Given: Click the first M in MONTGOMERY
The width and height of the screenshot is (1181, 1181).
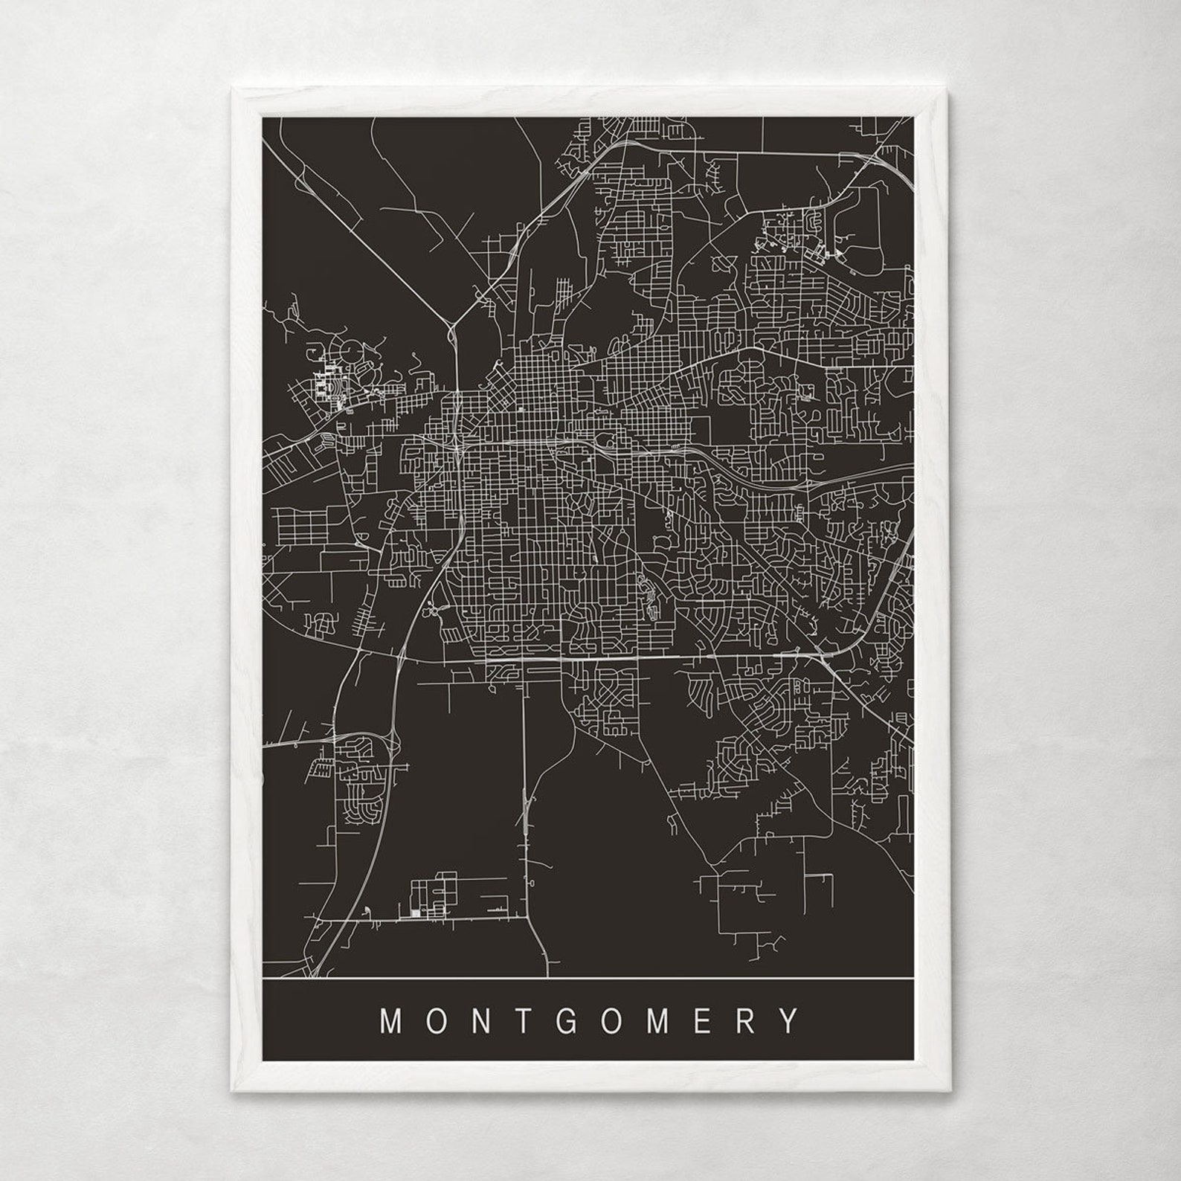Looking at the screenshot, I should click(392, 1020).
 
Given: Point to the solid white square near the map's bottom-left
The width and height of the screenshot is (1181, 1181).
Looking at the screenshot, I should click(413, 913).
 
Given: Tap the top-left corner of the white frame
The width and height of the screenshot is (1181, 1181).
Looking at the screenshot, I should click(234, 91).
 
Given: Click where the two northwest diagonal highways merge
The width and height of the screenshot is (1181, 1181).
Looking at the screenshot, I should click(451, 325).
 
